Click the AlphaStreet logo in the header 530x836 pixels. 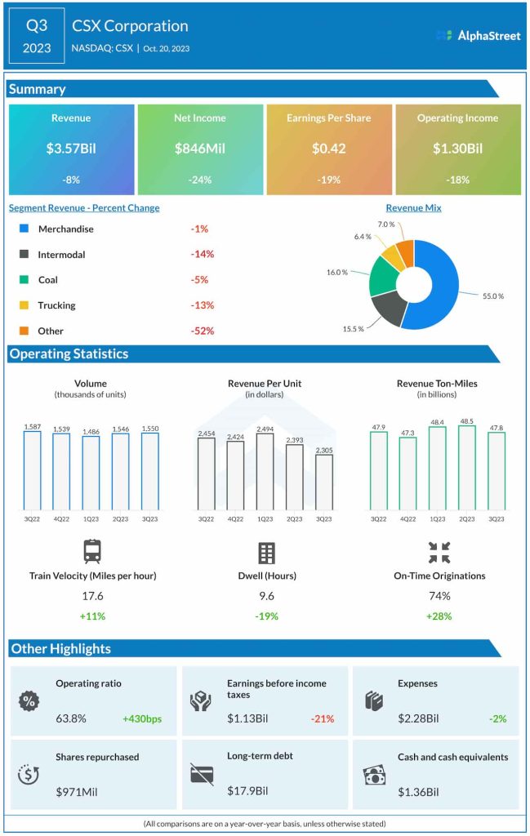[478, 35]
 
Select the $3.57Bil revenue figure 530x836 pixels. [71, 149]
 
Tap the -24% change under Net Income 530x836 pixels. [200, 180]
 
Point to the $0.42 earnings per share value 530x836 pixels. [329, 149]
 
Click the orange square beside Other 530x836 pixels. [23, 331]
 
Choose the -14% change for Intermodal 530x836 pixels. [202, 254]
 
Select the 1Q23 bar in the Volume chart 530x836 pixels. [91, 473]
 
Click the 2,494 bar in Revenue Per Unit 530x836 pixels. [265, 471]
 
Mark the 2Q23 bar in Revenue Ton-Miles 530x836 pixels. [467, 468]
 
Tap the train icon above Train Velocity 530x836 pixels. [92, 553]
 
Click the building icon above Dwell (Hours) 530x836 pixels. [266, 553]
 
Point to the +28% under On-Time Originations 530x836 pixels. [439, 616]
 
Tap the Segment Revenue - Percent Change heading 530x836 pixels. [84, 208]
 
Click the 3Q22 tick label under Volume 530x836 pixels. [32, 518]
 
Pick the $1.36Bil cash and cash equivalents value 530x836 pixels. [419, 792]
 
